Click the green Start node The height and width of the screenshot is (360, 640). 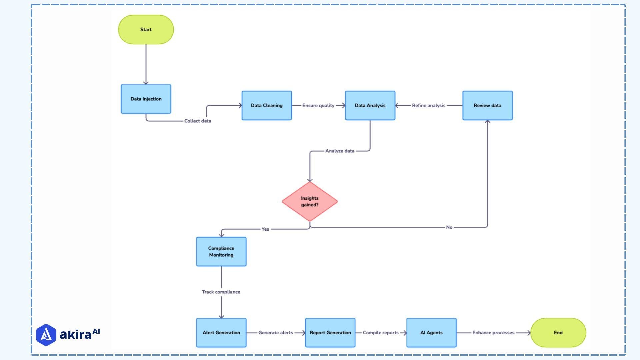(x=146, y=29)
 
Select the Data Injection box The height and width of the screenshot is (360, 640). (x=146, y=99)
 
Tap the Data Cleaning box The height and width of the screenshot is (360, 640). (x=266, y=105)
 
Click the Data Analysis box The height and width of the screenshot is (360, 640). (x=370, y=105)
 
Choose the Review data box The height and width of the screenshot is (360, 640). (x=487, y=105)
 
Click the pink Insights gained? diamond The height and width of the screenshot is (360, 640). (x=309, y=201)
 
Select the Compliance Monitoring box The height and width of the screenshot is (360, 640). (x=221, y=252)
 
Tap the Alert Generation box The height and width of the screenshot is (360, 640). (x=221, y=333)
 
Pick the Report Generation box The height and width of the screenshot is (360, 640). (x=330, y=333)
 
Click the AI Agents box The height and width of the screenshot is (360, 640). (x=431, y=333)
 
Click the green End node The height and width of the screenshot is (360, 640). (x=558, y=333)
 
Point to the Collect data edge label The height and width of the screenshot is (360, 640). (x=198, y=121)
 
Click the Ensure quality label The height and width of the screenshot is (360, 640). (x=318, y=105)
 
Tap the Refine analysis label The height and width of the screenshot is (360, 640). (x=428, y=105)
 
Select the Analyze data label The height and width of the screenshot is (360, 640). (x=340, y=151)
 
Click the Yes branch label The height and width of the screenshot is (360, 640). (x=265, y=229)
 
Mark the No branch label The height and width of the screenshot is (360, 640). (x=449, y=227)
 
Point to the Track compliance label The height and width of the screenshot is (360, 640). (x=221, y=292)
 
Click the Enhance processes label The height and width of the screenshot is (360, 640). (x=493, y=333)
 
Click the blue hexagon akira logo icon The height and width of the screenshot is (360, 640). (x=46, y=335)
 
